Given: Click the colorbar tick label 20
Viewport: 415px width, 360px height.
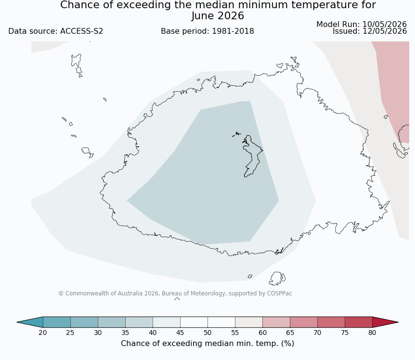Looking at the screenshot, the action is coord(43,333).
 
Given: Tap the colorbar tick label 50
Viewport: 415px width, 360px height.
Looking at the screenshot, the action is coord(207,333).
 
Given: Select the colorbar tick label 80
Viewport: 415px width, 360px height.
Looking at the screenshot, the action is coord(372,333).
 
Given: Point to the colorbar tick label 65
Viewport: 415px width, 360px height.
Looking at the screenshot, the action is coord(290,333).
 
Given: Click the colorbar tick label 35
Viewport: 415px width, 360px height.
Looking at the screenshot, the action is coord(125,333).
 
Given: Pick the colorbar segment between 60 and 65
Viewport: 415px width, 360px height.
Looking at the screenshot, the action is coord(276,322).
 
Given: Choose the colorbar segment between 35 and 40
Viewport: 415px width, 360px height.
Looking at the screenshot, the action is coord(139,322).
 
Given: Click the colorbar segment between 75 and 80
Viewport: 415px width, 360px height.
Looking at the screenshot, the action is coord(359,322).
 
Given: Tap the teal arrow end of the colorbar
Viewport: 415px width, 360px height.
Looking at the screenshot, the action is coord(30,322).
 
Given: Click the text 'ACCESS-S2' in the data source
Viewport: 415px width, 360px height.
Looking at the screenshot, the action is coord(81,31).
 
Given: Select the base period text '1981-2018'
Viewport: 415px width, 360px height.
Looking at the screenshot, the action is coord(233,31).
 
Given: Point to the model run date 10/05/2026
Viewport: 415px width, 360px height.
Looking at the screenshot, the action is coord(385,25).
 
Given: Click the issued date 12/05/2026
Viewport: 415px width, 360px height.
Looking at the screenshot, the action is coord(385,31).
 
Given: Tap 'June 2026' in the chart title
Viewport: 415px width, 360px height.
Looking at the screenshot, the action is coord(218,16).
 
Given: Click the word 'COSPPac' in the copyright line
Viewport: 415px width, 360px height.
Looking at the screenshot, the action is coord(279,293).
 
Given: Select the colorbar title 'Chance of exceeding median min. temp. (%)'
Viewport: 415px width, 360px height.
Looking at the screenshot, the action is coord(207,344).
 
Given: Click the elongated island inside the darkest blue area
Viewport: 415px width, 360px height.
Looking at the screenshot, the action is coord(252,156).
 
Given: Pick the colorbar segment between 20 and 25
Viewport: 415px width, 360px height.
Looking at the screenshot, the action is coord(57,322).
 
